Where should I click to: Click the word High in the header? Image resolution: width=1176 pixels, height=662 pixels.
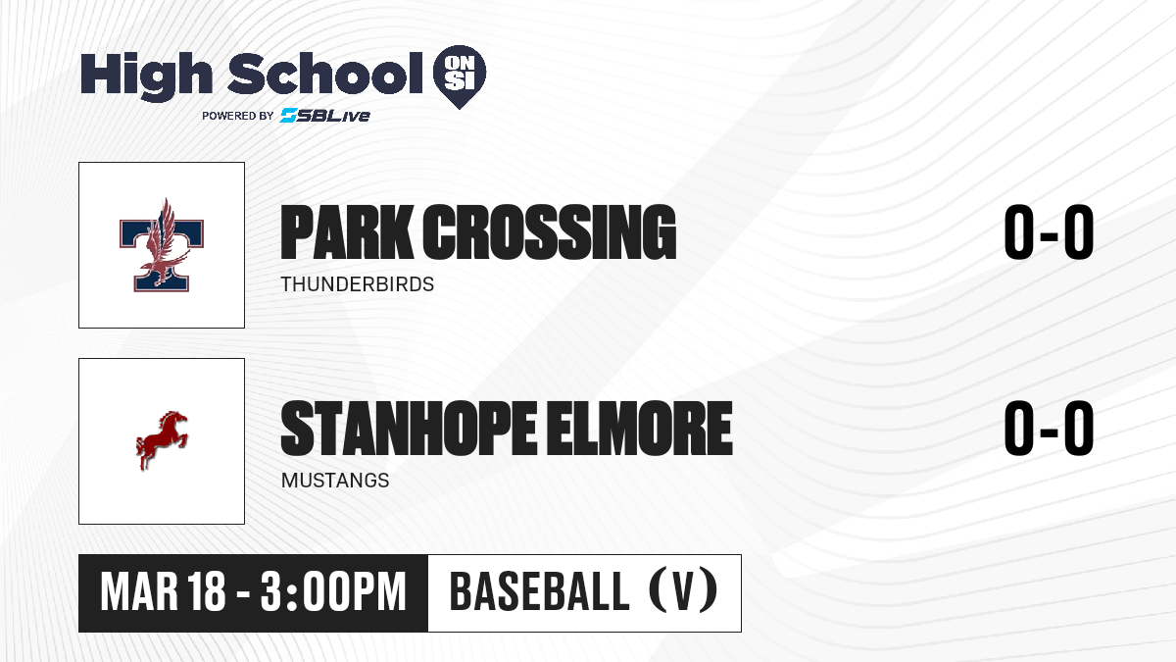click(146, 76)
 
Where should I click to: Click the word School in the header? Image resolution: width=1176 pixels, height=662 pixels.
click(325, 74)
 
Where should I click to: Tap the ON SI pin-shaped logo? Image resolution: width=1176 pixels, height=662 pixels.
click(460, 76)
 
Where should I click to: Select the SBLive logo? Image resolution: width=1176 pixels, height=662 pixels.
click(325, 116)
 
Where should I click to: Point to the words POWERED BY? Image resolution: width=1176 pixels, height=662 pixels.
click(237, 116)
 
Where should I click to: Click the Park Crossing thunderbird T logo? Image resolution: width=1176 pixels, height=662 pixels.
click(161, 245)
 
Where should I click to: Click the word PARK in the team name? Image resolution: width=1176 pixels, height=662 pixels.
click(347, 232)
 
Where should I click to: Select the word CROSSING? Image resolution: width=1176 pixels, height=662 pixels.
click(550, 232)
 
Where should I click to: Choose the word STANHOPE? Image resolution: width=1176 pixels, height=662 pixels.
click(409, 429)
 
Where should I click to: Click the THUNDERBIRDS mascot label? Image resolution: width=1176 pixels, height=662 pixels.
click(358, 284)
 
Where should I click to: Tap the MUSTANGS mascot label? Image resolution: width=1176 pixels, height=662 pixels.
click(335, 481)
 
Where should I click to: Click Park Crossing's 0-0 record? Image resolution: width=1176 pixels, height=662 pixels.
click(1049, 232)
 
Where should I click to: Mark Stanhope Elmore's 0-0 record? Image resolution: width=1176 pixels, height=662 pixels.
click(1049, 429)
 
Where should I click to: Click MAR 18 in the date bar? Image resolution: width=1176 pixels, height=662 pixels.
click(164, 592)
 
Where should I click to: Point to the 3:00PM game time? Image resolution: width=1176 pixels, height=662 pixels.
click(333, 592)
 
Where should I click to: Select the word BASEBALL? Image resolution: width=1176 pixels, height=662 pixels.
click(539, 592)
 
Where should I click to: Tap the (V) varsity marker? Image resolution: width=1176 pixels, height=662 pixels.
click(683, 591)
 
